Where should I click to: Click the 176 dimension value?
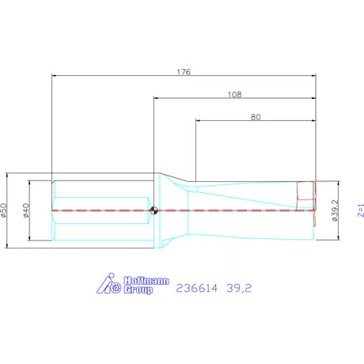(184, 70)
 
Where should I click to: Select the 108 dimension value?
(233, 93)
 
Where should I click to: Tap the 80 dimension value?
(255, 116)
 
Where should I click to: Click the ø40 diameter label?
(27, 210)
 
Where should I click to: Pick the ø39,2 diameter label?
(335, 210)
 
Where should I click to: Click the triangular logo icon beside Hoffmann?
(108, 284)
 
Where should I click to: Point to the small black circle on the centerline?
(155, 210)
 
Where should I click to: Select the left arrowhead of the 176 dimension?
(54, 76)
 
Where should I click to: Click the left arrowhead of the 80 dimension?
(198, 121)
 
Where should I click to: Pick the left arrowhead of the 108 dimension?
(157, 99)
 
